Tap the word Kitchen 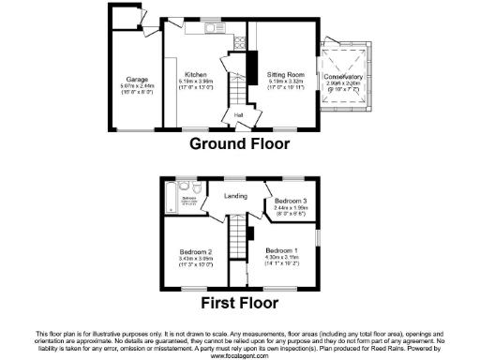pos(195,74)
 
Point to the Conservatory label pos(343,76)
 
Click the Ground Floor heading pos(240,143)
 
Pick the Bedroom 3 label pos(291,201)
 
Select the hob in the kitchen pos(239,41)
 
